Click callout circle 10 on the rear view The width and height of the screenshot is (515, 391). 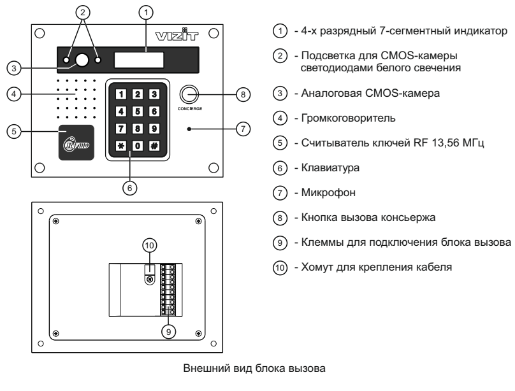(x=147, y=244)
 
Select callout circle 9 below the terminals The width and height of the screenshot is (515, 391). (x=168, y=330)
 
